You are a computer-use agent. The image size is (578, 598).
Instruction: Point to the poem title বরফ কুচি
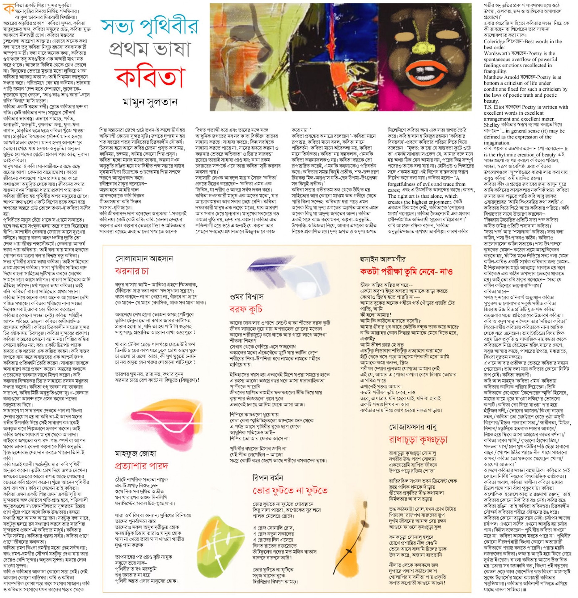pos(246,309)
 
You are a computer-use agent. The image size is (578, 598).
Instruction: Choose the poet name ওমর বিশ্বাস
pos(247,297)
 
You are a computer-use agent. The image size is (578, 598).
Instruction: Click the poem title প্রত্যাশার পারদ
pos(141,465)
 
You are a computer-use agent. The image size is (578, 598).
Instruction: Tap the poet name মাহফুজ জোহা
pos(135,453)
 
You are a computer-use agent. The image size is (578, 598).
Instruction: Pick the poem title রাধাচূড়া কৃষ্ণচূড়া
pos(418,440)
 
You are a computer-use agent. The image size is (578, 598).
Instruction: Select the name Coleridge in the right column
pos(495,41)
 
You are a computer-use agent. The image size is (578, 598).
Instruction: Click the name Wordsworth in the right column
pos(496,53)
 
